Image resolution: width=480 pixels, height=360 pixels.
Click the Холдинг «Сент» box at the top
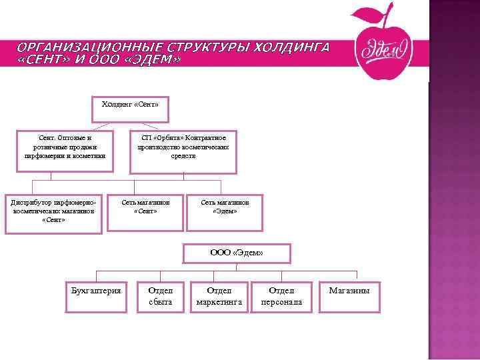[x=130, y=109]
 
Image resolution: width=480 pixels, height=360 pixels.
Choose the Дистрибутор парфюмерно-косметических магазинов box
[x=53, y=213]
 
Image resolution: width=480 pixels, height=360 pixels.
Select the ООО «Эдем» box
[x=237, y=253]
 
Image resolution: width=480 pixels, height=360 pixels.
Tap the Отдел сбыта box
[x=160, y=297]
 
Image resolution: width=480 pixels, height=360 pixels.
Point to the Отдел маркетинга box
[x=219, y=297]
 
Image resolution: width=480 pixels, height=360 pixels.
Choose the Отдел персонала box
[x=281, y=297]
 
